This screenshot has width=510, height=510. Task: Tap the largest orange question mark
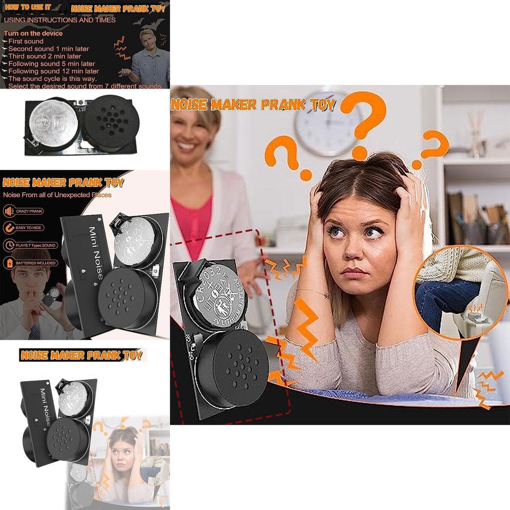(x=366, y=120)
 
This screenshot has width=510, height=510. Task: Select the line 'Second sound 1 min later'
(x=49, y=49)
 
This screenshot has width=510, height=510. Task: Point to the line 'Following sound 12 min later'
(x=54, y=71)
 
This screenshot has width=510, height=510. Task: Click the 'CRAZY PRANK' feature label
(x=29, y=212)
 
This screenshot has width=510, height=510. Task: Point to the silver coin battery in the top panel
(x=52, y=123)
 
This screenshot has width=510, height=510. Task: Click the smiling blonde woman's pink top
(x=191, y=219)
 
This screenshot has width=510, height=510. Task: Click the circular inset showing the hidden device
(x=461, y=292)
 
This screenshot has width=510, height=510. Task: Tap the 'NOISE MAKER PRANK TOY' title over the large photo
(x=253, y=105)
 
